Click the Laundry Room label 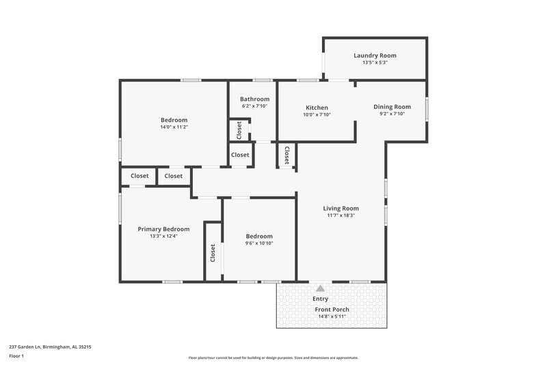click(375, 55)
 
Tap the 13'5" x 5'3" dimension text click(375, 63)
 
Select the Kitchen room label click(317, 108)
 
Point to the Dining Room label click(392, 106)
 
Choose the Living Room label click(341, 208)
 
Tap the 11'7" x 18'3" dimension click(341, 216)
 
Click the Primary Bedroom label click(163, 229)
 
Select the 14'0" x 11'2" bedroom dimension click(174, 127)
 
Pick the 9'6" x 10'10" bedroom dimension click(259, 243)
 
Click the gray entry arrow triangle click(320, 288)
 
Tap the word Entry click(320, 299)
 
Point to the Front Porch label click(332, 310)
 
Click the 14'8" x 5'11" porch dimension click(332, 316)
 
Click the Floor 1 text click(17, 356)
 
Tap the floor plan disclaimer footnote click(273, 357)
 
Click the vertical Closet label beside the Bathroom click(239, 129)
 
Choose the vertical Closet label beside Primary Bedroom click(213, 253)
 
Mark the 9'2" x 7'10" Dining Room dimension click(392, 114)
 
